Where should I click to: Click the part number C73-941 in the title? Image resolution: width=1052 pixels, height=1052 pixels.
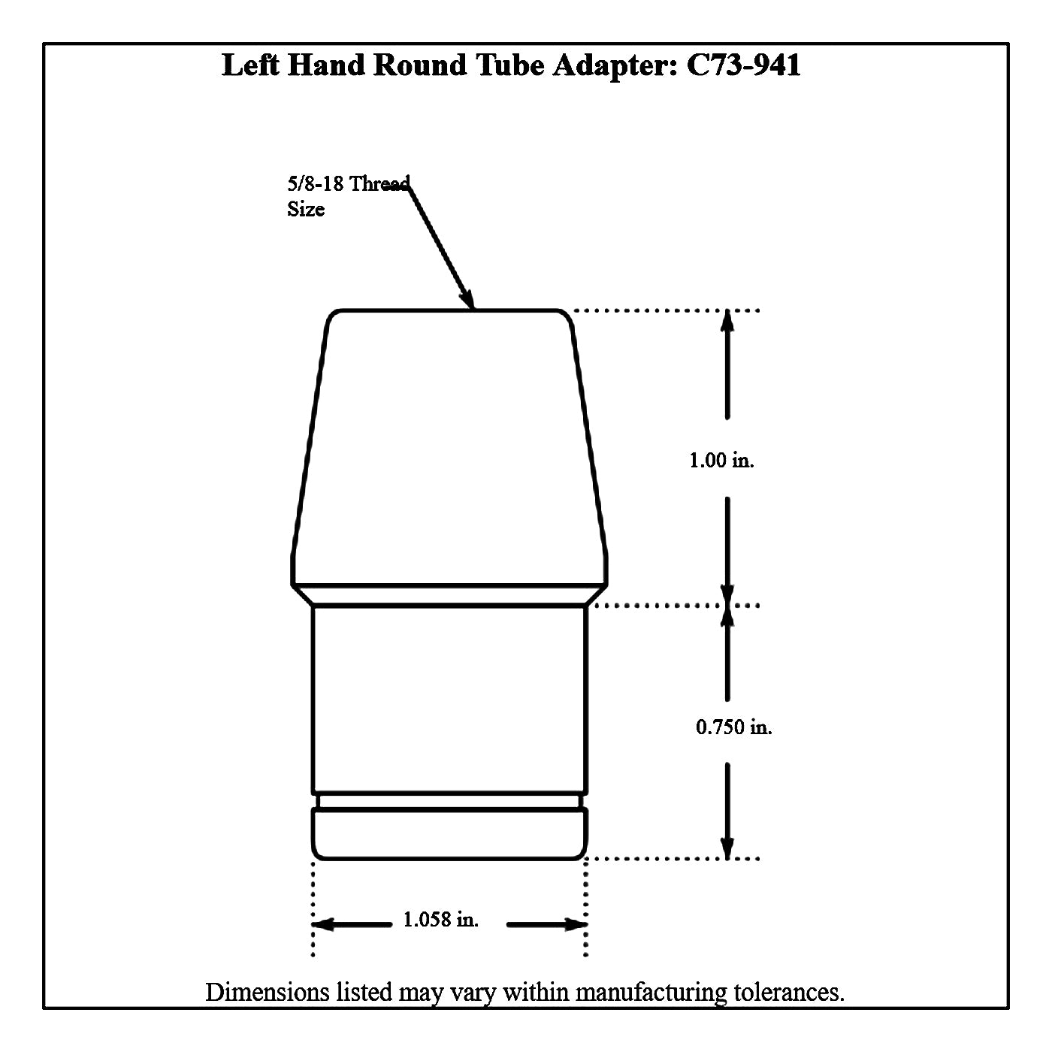point(743,65)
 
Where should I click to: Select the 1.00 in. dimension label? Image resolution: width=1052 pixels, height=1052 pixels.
point(721,461)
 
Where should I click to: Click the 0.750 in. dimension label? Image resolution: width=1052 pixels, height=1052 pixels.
point(733,727)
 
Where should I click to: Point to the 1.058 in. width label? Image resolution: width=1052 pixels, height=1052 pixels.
point(440,920)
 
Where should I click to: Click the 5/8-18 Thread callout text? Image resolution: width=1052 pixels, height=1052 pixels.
point(349,183)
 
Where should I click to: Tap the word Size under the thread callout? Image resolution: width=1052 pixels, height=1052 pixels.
point(306,209)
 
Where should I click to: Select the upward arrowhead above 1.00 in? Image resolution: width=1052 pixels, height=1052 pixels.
point(727,321)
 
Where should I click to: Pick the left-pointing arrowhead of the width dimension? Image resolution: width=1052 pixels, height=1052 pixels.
point(322,924)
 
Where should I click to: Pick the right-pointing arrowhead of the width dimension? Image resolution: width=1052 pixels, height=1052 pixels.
point(576,924)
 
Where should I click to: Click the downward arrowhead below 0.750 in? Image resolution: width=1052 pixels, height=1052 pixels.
point(727,848)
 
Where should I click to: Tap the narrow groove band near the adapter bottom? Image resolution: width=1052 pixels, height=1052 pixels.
point(449,802)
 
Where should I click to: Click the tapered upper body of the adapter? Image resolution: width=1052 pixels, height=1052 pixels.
point(449,448)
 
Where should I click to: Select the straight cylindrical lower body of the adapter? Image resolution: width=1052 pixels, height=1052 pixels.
point(449,699)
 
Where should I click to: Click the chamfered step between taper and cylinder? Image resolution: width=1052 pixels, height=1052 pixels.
point(449,596)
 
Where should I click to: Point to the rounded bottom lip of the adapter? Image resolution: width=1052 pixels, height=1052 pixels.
point(449,834)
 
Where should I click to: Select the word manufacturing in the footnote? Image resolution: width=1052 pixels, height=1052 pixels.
point(651,993)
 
